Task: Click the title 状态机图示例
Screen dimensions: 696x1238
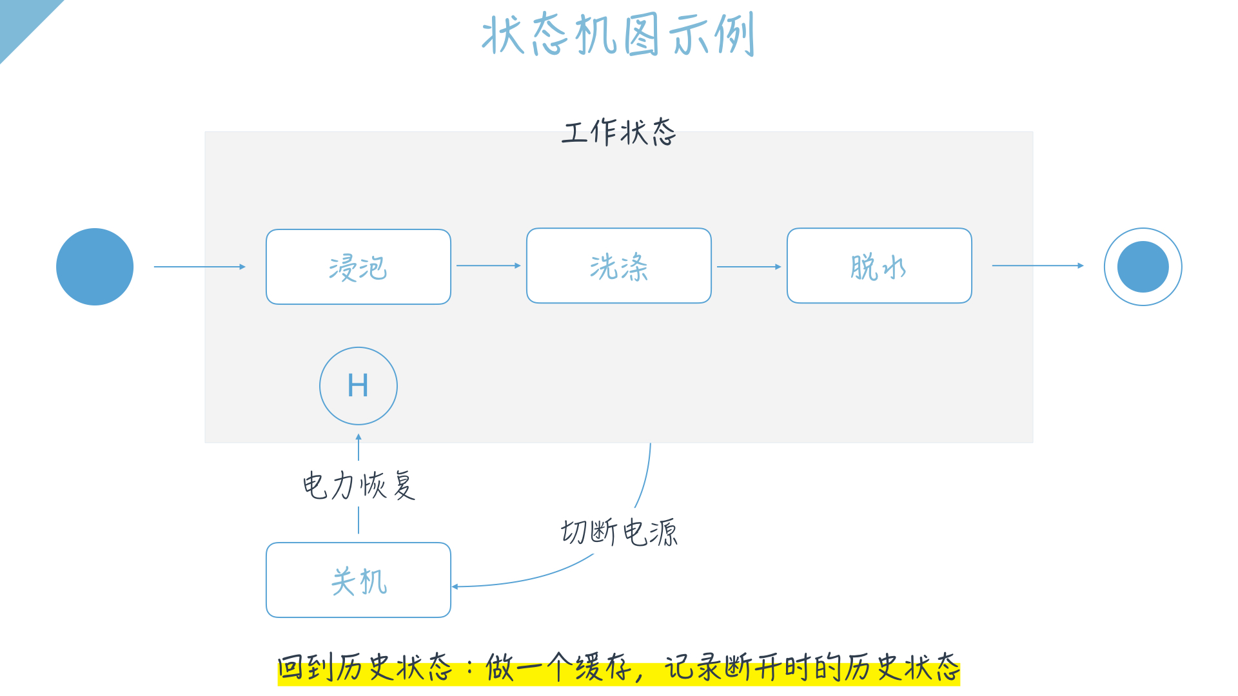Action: pyautogui.click(x=618, y=35)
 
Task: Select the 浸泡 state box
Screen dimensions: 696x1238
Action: pyautogui.click(x=358, y=267)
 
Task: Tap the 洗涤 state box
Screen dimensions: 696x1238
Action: pyautogui.click(x=618, y=266)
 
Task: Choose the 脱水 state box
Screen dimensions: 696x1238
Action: pyautogui.click(x=879, y=266)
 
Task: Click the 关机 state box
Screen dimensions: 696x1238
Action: pyautogui.click(x=358, y=580)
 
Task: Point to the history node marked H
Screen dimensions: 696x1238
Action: pyautogui.click(x=358, y=386)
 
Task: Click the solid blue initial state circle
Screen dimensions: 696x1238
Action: pyautogui.click(x=95, y=267)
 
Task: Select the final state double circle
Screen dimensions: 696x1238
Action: pyautogui.click(x=1143, y=267)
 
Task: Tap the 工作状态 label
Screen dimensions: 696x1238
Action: pyautogui.click(x=618, y=132)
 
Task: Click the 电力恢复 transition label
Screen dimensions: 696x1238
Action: pyautogui.click(x=359, y=485)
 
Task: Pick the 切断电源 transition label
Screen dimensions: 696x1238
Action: pyautogui.click(x=619, y=532)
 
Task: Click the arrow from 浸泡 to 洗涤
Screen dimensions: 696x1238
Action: pyautogui.click(x=488, y=266)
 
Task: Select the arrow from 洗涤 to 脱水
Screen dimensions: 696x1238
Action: pyautogui.click(x=749, y=266)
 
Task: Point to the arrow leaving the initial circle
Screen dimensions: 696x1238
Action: pyautogui.click(x=199, y=267)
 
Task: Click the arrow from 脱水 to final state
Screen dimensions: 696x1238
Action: pyautogui.click(x=1037, y=266)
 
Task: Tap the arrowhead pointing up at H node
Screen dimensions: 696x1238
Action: pyautogui.click(x=359, y=438)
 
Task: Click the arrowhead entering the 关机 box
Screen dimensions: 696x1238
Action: pyautogui.click(x=455, y=586)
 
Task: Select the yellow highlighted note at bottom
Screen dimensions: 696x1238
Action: pyautogui.click(x=618, y=668)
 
